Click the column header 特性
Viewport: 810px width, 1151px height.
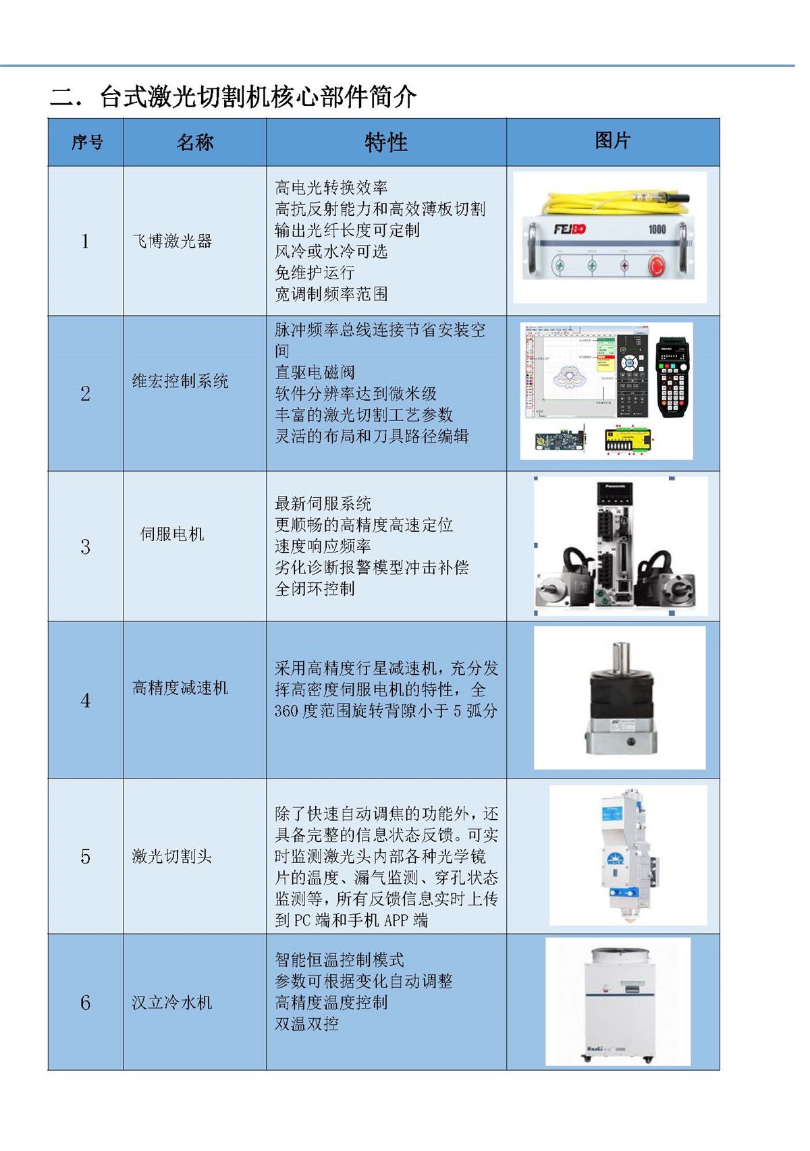pos(385,142)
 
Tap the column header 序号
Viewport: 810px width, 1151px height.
pos(87,142)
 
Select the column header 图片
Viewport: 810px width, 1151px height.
pos(612,140)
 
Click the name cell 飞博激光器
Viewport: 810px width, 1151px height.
pos(172,241)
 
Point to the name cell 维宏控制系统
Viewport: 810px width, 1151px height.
pos(180,381)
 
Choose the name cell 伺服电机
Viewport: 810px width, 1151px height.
pos(171,534)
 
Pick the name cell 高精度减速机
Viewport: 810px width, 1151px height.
pos(180,688)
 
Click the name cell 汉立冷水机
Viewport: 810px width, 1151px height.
pos(171,1003)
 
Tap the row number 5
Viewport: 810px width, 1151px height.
pos(85,857)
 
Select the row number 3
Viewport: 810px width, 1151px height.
pos(85,546)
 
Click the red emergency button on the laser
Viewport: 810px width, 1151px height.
pos(656,265)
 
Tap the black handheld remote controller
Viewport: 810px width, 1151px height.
pos(672,377)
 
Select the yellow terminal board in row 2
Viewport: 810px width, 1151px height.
pos(628,441)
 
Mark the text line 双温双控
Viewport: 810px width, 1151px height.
pos(306,1024)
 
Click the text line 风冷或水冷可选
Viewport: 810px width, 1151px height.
pos(331,252)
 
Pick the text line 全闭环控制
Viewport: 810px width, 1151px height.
pos(315,589)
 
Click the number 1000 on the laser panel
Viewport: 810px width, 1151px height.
pos(657,229)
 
